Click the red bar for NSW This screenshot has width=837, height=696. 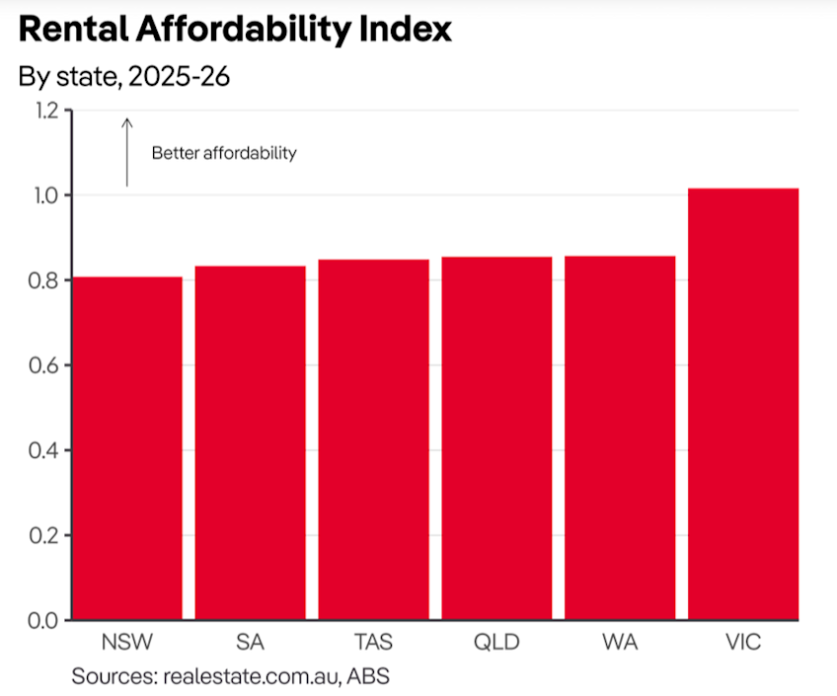click(x=126, y=448)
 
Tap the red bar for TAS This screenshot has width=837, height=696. click(x=373, y=439)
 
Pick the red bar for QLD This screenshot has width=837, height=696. click(x=496, y=438)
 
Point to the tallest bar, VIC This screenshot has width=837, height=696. click(x=742, y=404)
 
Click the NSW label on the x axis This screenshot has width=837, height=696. click(x=126, y=643)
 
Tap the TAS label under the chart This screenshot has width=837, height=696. click(x=373, y=643)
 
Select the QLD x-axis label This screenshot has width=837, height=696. click(x=496, y=643)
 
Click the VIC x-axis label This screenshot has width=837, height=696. click(x=742, y=643)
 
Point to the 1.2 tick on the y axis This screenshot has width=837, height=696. click(x=44, y=111)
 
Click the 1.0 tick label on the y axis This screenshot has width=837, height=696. click(x=44, y=195)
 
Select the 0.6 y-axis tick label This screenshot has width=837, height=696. click(x=44, y=365)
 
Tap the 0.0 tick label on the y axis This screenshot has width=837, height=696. click(x=44, y=620)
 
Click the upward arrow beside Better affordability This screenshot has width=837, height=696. click(x=126, y=152)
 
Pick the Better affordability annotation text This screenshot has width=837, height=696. click(x=224, y=153)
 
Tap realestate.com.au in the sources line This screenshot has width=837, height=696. click(x=255, y=676)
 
